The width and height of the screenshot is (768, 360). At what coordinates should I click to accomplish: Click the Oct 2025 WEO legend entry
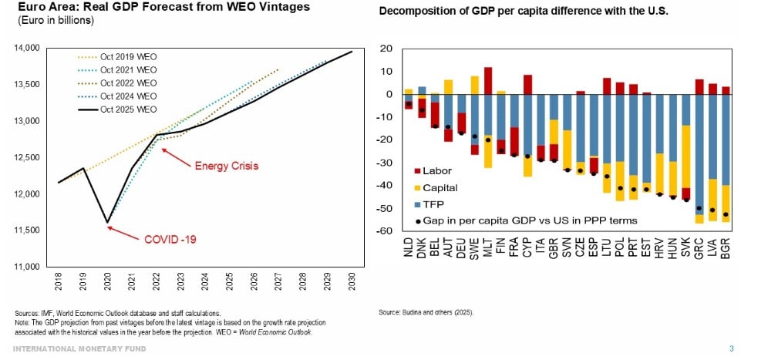tap(129, 109)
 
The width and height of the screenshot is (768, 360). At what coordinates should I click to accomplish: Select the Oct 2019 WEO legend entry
tap(129, 57)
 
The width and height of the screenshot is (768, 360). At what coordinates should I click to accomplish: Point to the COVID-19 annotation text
tap(170, 240)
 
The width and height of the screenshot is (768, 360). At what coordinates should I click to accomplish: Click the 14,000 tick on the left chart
tap(27, 48)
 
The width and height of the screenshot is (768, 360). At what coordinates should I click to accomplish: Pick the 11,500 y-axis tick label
tap(27, 230)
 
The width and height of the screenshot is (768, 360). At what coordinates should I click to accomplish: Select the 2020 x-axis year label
tap(107, 281)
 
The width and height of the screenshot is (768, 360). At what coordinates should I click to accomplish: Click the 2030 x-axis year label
tap(352, 281)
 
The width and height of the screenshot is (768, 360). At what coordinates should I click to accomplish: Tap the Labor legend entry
tap(437, 171)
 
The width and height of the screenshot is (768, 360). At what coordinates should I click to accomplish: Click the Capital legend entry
tap(440, 187)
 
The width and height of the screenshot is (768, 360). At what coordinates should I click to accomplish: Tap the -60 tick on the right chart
tap(387, 231)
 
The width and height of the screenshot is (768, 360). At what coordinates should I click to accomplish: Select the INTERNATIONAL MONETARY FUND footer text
tap(79, 348)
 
